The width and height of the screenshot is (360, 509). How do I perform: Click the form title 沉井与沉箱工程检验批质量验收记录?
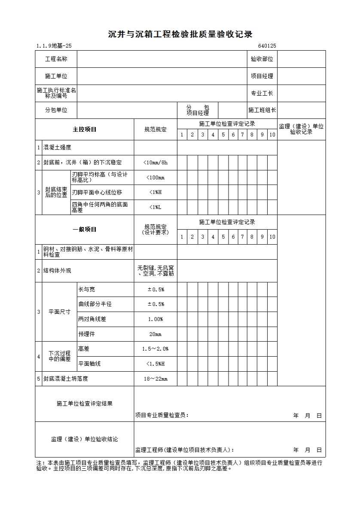[x=180, y=35]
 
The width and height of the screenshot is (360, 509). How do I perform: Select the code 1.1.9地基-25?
[x=54, y=46]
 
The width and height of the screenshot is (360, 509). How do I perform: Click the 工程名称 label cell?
[x=56, y=59]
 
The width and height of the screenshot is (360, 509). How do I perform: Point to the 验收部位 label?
[x=262, y=59]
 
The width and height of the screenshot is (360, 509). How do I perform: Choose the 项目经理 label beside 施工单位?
[x=262, y=76]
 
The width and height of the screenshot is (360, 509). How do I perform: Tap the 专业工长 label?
[x=262, y=93]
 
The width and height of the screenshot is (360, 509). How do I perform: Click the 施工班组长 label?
[x=262, y=110]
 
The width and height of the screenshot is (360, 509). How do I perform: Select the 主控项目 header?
[x=85, y=130]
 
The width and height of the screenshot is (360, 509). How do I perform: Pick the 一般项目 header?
[x=85, y=230]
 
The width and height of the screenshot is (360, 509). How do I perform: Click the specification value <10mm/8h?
[x=156, y=163]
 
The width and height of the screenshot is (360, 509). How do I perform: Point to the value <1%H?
[x=156, y=192]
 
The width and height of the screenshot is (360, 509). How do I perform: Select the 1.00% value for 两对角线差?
[x=156, y=319]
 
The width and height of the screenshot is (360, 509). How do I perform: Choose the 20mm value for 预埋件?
[x=156, y=334]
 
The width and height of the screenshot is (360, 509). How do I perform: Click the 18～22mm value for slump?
[x=156, y=379]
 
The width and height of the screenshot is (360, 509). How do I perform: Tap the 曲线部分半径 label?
[x=95, y=304]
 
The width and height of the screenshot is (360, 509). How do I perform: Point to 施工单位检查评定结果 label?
[x=85, y=404]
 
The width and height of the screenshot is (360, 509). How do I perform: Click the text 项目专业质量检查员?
[x=162, y=415]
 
